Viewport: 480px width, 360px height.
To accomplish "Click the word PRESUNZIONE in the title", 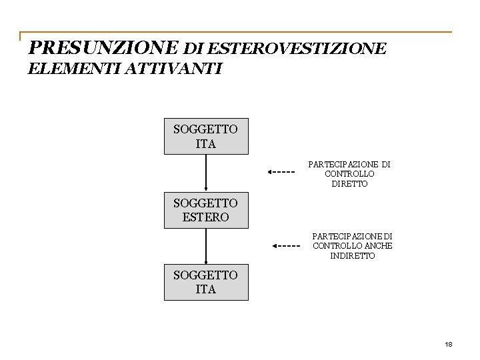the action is coord(103,48).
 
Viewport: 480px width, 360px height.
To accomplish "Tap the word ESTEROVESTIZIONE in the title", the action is coord(297,49).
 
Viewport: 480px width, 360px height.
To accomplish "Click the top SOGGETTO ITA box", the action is coord(206,136).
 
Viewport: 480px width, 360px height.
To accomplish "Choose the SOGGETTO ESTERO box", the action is coord(206,210).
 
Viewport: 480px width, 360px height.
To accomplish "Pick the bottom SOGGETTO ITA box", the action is coord(206,282).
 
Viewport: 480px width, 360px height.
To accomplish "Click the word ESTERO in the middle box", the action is coord(205,217).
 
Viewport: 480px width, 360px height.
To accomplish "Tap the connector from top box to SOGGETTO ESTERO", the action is coord(206,173).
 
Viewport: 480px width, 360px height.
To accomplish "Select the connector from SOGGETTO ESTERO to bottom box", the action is coord(206,246).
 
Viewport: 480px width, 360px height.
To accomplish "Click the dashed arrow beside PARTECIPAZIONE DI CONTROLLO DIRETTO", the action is coord(281,171).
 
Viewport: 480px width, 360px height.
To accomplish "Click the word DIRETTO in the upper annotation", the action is coord(349,184).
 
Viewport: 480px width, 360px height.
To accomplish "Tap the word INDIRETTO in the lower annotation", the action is coord(353,256).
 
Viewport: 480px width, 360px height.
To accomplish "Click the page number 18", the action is coord(448,344).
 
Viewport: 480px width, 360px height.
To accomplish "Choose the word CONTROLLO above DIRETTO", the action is coord(349,174).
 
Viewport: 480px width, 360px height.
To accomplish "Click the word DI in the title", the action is coord(194,49).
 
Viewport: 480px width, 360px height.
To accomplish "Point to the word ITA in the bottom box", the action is coord(206,289).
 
